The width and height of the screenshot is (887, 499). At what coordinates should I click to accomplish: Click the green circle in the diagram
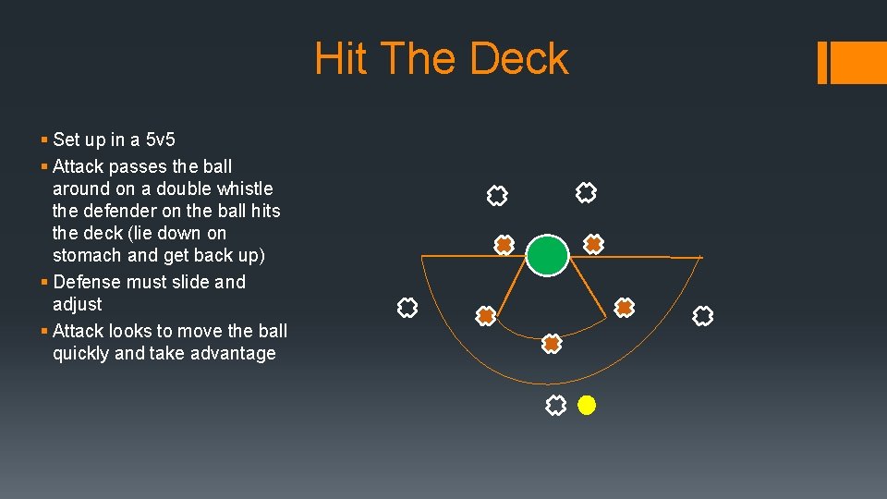(x=548, y=255)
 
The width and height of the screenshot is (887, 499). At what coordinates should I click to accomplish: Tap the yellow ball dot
(x=587, y=405)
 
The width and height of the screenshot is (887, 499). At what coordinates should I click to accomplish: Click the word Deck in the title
(x=519, y=59)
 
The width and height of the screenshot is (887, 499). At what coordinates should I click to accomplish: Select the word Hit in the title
(x=342, y=59)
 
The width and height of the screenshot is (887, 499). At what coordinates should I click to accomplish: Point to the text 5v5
(x=159, y=140)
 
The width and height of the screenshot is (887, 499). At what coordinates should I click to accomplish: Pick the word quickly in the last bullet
(x=80, y=353)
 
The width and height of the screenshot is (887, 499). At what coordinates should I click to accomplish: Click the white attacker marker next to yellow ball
(x=555, y=405)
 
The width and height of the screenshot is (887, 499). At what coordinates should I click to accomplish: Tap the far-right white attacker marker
(x=703, y=316)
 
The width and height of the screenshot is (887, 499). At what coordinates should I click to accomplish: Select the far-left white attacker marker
(x=407, y=308)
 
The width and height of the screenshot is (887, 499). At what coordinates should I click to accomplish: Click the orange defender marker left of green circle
(x=504, y=245)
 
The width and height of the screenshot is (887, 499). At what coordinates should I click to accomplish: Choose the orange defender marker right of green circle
(x=593, y=244)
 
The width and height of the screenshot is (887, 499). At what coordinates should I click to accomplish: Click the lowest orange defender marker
(x=552, y=344)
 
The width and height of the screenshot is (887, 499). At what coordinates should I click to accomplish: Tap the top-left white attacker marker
(x=497, y=195)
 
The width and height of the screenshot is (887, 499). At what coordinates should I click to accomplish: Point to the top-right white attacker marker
(x=586, y=192)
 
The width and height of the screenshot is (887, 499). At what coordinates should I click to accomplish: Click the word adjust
(x=78, y=304)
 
